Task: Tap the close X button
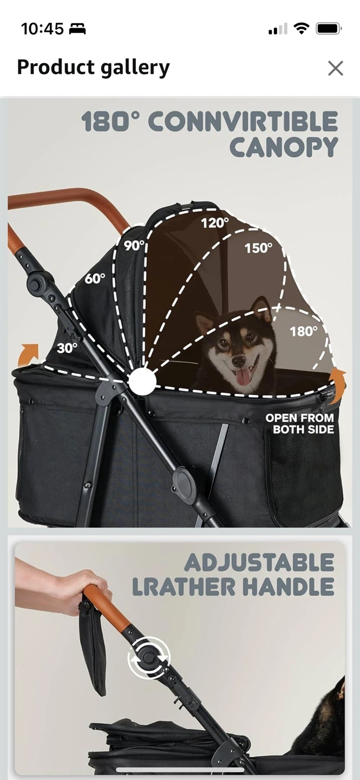336,68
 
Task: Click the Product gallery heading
93,68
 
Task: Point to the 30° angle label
67,348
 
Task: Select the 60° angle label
95,278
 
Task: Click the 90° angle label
134,245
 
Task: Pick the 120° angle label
215,223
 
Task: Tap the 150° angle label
258,248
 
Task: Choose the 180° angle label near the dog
304,331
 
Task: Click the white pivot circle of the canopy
142,382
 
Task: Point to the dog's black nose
239,362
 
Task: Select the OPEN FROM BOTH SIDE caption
300,424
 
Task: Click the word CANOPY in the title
284,147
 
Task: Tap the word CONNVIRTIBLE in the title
243,121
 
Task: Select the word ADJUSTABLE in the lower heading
259,563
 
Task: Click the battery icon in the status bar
329,29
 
